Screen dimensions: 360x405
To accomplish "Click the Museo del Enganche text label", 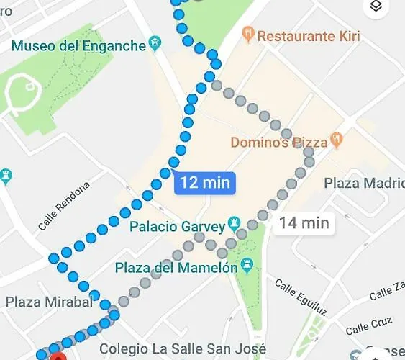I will (78, 46).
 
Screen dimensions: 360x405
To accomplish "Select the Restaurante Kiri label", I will (309, 35).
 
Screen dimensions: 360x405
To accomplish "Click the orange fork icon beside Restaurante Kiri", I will (247, 34).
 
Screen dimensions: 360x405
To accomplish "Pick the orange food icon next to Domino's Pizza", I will (336, 140).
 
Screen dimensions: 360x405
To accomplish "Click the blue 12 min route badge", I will (205, 182).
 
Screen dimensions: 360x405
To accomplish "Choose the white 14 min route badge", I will (304, 223).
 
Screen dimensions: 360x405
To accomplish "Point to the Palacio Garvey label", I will (177, 227).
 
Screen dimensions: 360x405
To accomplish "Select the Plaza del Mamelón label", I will (176, 268).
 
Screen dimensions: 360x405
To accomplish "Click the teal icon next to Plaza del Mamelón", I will (247, 266).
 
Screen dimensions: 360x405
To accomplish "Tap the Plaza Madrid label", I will (363, 183).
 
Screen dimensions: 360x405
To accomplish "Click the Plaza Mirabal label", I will (49, 302).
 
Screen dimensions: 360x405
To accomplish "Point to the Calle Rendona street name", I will (64, 206).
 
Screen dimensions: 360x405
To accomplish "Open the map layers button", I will (375, 8).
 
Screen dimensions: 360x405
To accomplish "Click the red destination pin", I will (58, 356).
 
